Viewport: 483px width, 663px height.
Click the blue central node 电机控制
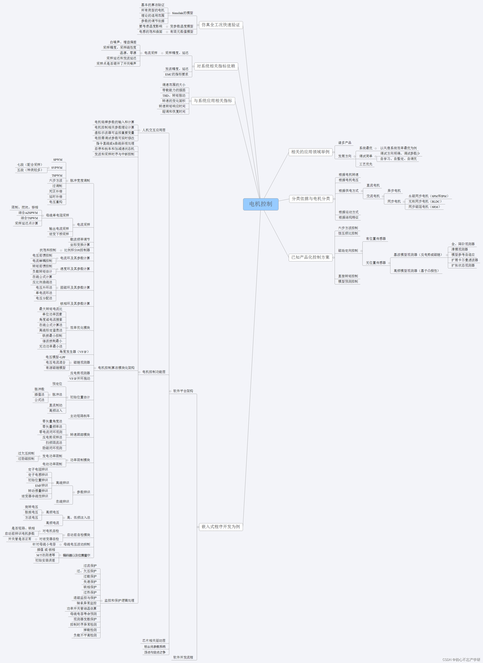click(261, 204)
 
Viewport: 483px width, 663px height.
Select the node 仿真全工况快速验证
click(221, 25)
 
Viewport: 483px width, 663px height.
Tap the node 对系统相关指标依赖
click(216, 66)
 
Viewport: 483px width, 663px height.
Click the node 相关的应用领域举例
click(310, 152)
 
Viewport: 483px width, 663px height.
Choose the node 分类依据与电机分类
click(311, 199)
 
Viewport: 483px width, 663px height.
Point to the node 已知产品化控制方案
click(310, 257)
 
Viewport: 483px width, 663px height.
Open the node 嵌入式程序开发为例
click(221, 527)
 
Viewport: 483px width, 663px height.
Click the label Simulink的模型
click(182, 13)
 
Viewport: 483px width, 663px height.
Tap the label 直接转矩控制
click(348, 276)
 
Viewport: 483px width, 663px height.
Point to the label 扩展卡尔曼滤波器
click(464, 260)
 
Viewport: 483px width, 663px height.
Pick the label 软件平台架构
click(183, 391)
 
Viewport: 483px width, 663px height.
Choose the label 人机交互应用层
click(154, 130)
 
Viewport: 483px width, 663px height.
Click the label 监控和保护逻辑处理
click(119, 600)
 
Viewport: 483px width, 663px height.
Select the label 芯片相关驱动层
click(154, 641)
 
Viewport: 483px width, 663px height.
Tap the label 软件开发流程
click(183, 657)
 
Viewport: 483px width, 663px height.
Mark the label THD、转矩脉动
click(174, 95)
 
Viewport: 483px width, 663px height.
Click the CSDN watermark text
click(461, 659)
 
